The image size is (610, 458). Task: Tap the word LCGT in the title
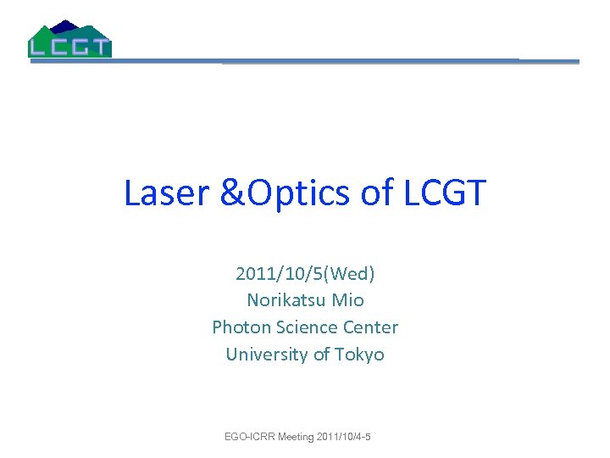pyautogui.click(x=444, y=193)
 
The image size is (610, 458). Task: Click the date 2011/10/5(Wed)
pyautogui.click(x=305, y=274)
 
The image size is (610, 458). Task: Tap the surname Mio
pyautogui.click(x=348, y=300)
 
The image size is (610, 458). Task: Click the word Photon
pyautogui.click(x=239, y=327)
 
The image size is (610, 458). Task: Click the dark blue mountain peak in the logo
pyautogui.click(x=63, y=26)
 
